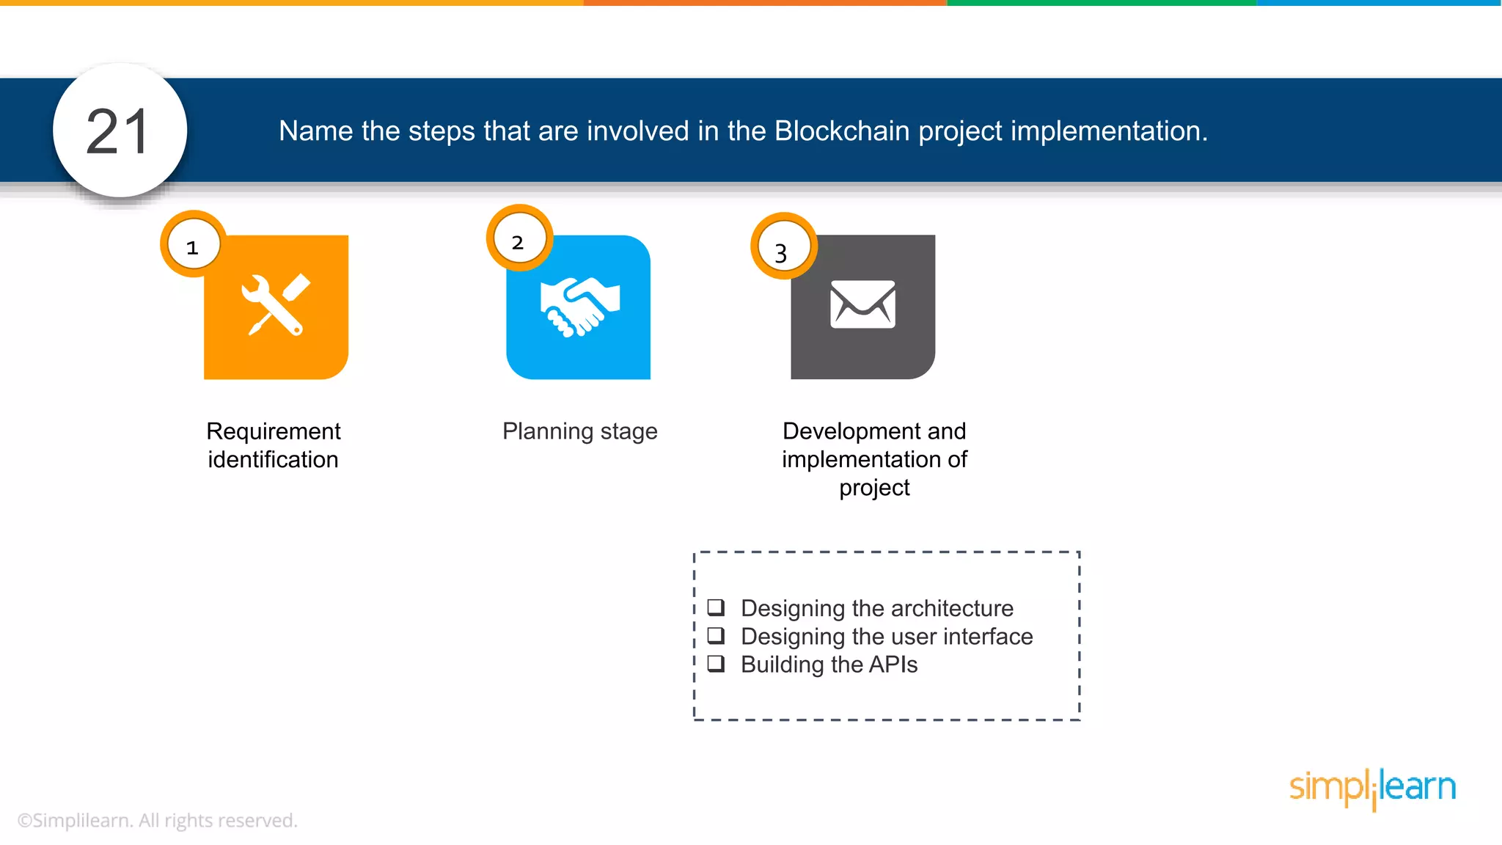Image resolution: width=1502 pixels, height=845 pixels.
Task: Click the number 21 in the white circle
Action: [x=118, y=132]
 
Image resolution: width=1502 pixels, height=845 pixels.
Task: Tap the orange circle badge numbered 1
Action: [x=193, y=245]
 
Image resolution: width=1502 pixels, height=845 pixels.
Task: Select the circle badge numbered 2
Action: [x=519, y=239]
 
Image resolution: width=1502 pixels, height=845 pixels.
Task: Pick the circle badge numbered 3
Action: [x=783, y=248]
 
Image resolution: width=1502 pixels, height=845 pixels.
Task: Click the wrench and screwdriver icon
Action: [x=275, y=305]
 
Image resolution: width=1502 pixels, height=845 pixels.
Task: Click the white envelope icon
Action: [x=862, y=304]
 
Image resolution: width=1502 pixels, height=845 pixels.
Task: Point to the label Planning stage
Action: [x=579, y=431]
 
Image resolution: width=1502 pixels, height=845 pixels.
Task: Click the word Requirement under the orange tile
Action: [x=273, y=431]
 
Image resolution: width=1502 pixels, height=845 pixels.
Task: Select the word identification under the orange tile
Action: [x=273, y=460]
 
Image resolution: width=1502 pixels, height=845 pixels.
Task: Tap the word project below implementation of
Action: [x=874, y=488]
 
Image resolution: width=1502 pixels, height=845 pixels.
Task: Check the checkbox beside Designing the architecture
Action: [x=716, y=607]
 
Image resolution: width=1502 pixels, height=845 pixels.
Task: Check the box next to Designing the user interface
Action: [x=716, y=635]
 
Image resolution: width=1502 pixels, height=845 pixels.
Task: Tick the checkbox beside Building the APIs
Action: [x=716, y=664]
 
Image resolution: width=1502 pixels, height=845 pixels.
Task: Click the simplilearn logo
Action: [x=1372, y=787]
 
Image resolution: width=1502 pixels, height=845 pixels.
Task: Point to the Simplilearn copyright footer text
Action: [x=157, y=821]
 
